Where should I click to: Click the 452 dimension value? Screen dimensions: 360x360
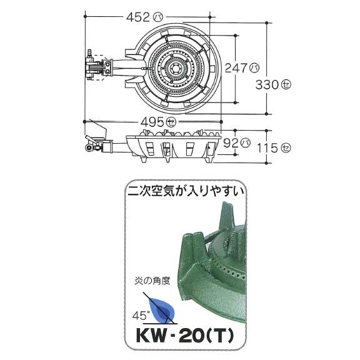click(x=135, y=17)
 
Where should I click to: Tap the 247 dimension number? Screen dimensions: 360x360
click(x=237, y=65)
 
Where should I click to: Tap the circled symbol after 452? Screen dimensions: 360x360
click(x=157, y=17)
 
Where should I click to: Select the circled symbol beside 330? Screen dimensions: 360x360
click(x=287, y=86)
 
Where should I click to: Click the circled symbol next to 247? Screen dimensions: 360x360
click(x=254, y=65)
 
